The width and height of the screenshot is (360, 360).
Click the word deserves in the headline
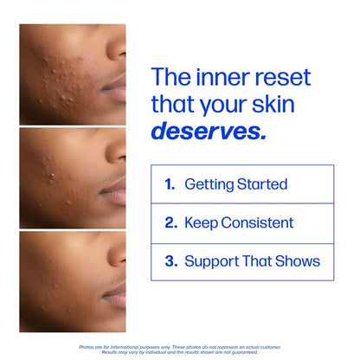coord(208,132)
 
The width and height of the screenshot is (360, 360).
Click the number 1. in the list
coord(170,184)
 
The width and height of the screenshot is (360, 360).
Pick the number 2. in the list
coord(170,222)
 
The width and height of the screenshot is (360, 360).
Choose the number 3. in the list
coord(170,260)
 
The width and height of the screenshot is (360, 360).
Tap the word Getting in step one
coord(208,185)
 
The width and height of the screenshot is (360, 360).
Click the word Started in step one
coord(260,184)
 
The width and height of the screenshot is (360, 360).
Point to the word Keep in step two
coord(200,223)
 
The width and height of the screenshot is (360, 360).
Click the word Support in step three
coord(212,261)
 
